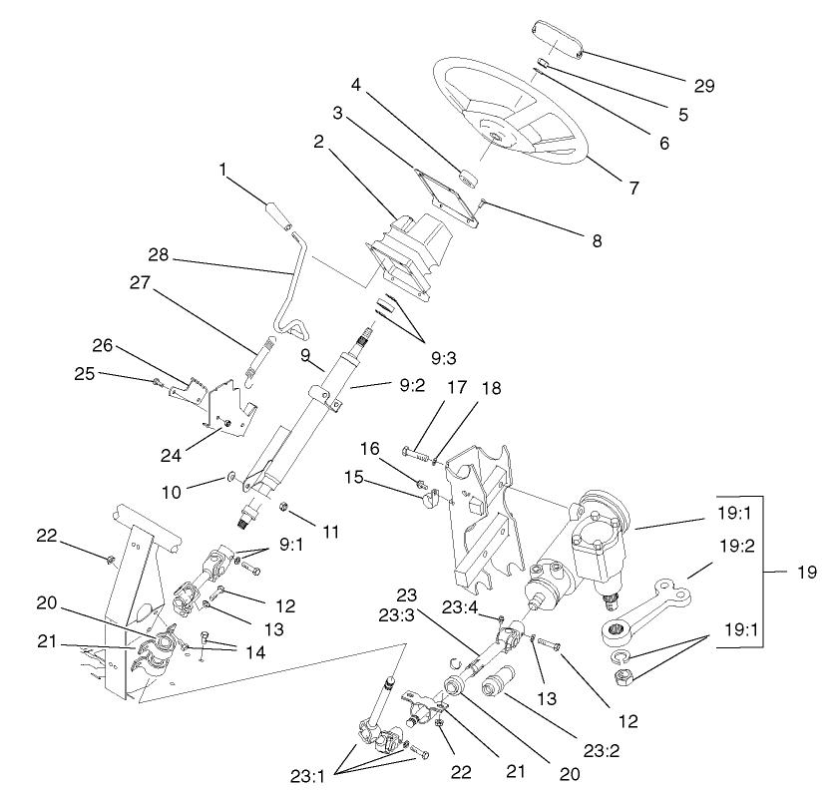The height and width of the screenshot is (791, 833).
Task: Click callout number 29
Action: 704,87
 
